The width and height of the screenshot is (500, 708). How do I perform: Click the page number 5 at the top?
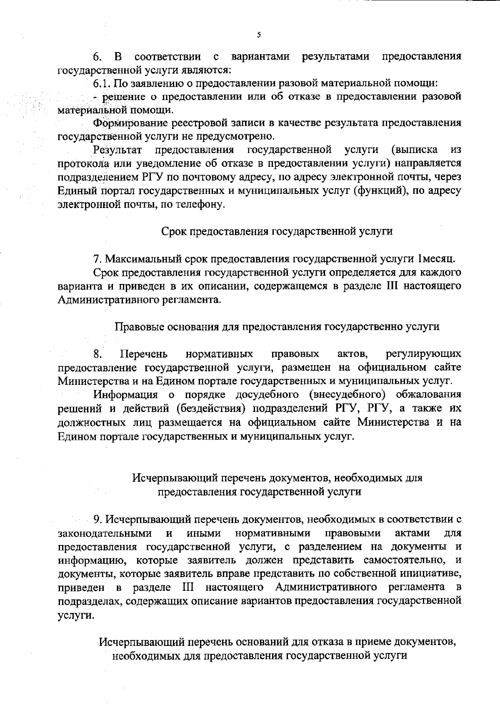(259, 35)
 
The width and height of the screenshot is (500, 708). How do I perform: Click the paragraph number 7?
(97, 259)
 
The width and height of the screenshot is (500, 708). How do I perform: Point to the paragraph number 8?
(98, 354)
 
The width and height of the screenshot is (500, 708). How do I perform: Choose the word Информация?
(125, 394)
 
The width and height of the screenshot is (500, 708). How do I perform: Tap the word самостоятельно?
(406, 560)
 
